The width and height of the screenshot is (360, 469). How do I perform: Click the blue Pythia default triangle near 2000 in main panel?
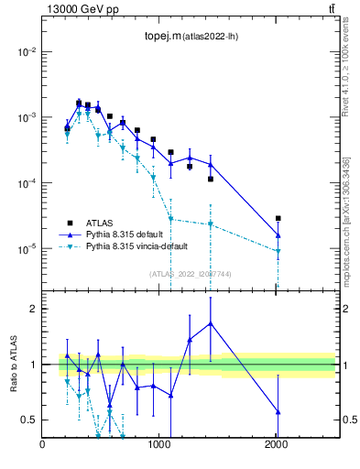point(278,235)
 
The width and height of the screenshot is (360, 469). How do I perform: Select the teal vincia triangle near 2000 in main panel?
point(278,251)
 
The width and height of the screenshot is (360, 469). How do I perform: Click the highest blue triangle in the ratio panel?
point(211,323)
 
